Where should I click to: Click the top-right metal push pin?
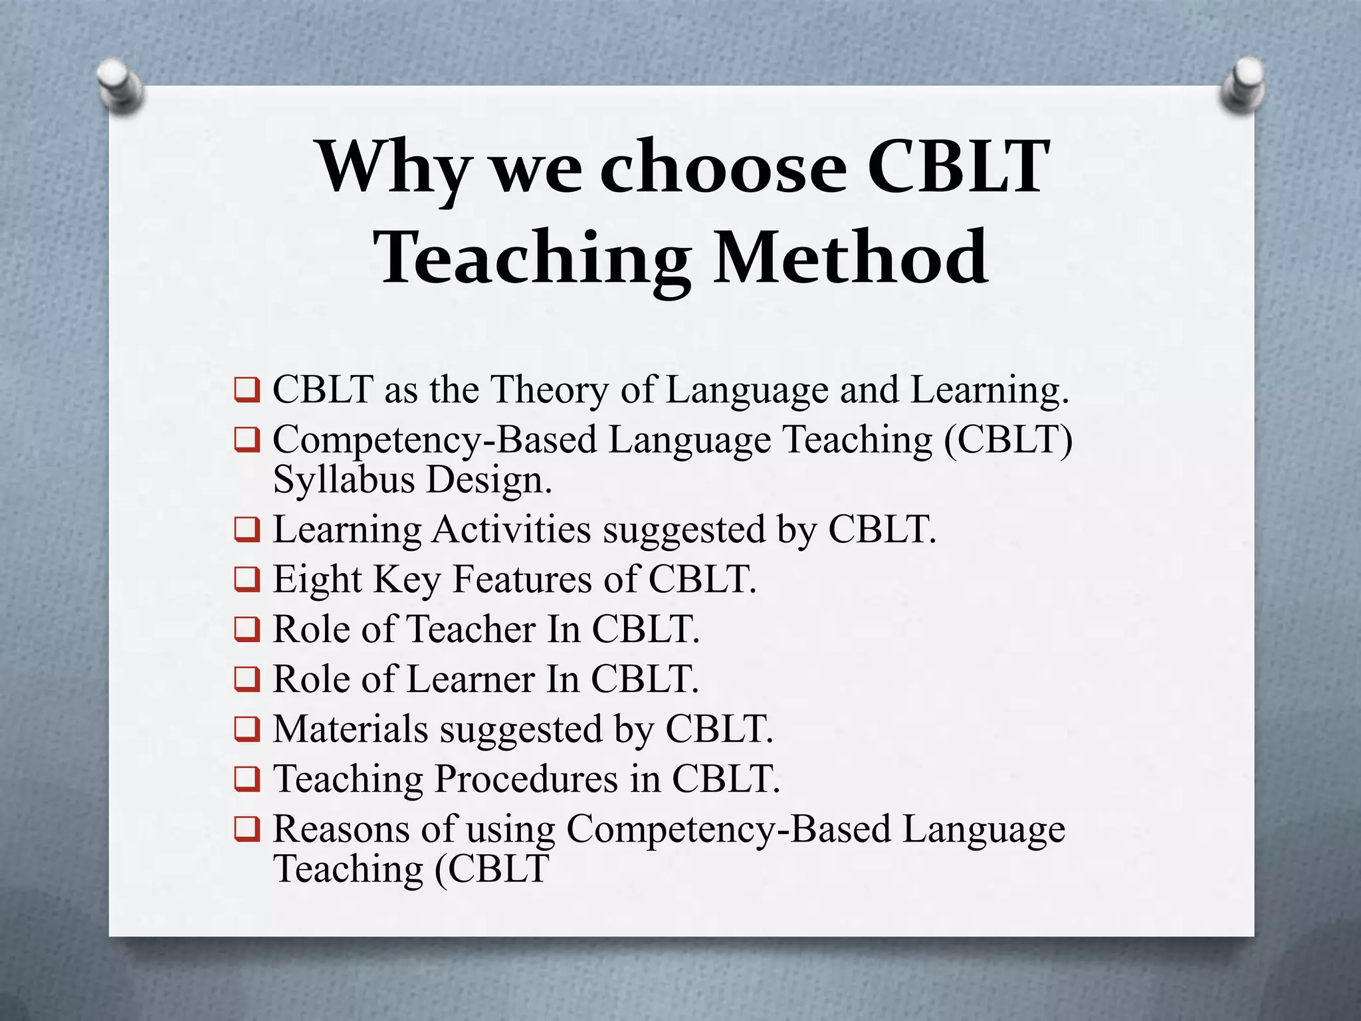tap(1242, 84)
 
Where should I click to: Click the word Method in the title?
tap(851, 258)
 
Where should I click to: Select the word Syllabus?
tap(344, 480)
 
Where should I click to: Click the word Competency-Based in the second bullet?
tap(435, 441)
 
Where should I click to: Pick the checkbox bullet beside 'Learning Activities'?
tap(247, 530)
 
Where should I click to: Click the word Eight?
tap(317, 580)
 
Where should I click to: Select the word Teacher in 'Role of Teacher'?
tap(471, 629)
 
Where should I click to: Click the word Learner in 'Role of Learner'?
tap(471, 679)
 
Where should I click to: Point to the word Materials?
tap(350, 729)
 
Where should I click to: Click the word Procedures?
tap(526, 779)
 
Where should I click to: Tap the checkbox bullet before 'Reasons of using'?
tap(247, 830)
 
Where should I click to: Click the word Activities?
tap(511, 530)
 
